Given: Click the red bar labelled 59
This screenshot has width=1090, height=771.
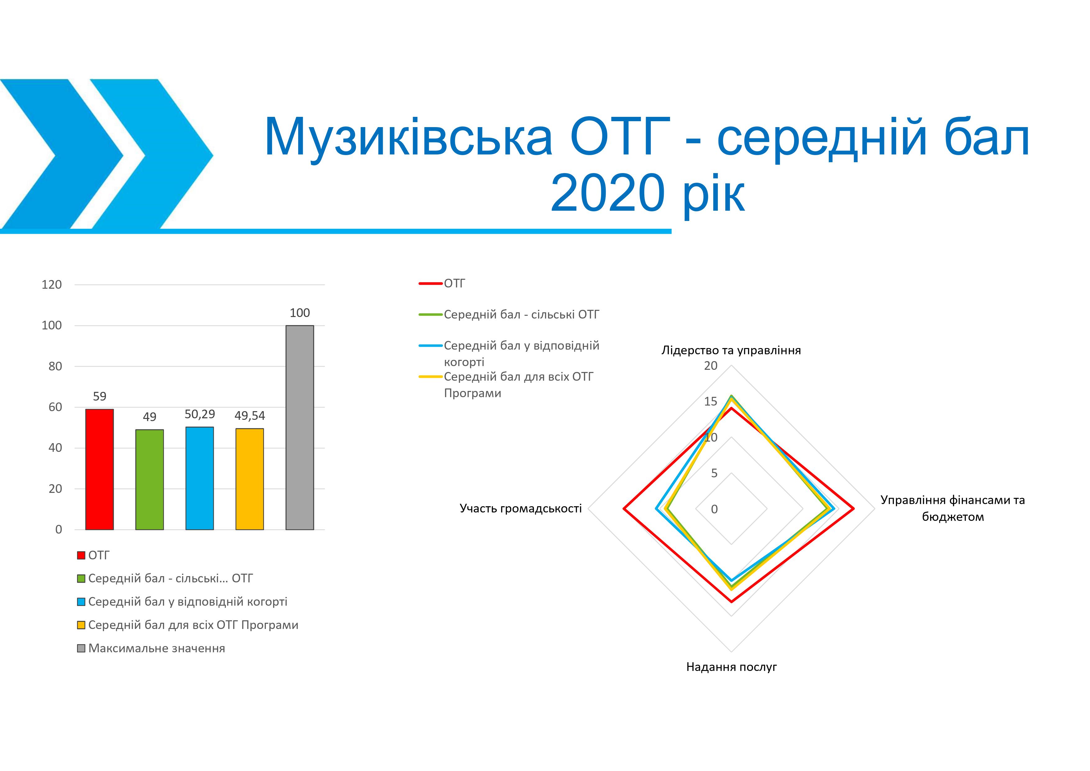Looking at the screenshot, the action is (99, 469).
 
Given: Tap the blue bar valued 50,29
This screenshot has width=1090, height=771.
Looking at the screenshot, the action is (199, 478).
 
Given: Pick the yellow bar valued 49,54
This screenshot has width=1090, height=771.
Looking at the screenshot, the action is (250, 479).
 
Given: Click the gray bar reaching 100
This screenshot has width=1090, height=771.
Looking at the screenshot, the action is (299, 428).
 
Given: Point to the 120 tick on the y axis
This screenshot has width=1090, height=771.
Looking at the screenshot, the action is (52, 285).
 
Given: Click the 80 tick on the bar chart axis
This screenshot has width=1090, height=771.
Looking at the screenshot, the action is (55, 366).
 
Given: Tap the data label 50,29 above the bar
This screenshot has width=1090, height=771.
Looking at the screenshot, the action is (200, 414).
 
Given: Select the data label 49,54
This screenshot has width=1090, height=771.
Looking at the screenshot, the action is (250, 416).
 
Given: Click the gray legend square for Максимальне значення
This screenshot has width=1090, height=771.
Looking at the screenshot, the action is (81, 649).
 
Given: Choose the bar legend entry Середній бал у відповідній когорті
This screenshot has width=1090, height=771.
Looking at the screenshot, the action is (182, 602).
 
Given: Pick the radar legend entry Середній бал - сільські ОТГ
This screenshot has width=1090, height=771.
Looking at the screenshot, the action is (509, 314).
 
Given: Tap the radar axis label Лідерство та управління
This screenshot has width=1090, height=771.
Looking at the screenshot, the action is (731, 351).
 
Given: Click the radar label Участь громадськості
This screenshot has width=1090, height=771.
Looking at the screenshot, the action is (521, 508).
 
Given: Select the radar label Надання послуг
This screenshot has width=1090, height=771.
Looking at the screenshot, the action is (732, 667).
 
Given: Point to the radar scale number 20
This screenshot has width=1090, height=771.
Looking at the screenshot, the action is (711, 365).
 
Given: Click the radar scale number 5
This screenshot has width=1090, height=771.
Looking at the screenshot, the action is (714, 473).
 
